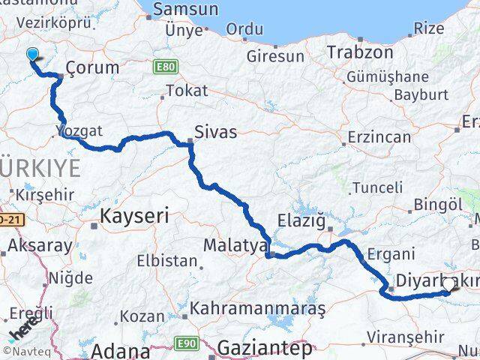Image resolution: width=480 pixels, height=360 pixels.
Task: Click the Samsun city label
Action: click(185, 10)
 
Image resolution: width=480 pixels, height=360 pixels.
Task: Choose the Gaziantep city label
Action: click(265, 347)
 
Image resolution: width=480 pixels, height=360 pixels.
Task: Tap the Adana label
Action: click(121, 350)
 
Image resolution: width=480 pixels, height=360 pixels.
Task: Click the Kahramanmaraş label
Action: click(257, 308)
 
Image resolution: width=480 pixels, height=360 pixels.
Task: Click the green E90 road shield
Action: click(187, 343)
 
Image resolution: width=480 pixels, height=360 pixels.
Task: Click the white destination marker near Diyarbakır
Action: click(448, 283)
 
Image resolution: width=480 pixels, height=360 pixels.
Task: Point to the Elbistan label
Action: click(166, 262)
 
